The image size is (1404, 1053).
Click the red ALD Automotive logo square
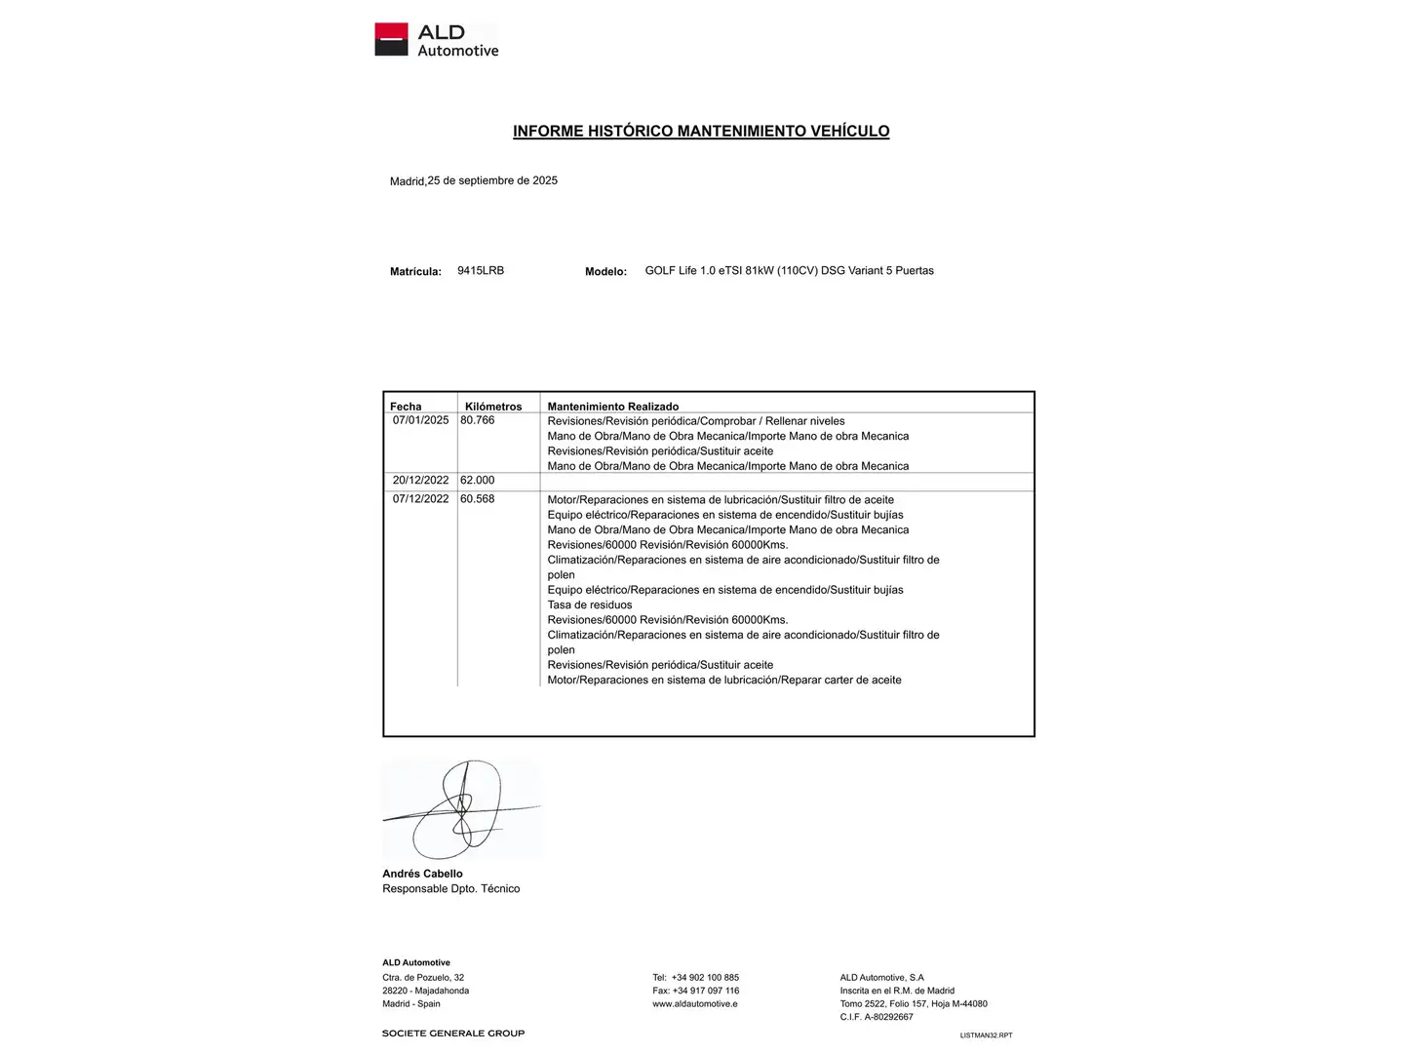click(x=391, y=40)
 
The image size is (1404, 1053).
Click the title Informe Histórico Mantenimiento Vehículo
click(x=701, y=132)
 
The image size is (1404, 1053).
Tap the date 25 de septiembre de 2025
click(x=492, y=180)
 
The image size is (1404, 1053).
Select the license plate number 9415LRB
click(x=481, y=271)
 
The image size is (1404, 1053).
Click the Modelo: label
click(x=605, y=272)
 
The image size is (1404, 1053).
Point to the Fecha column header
click(x=406, y=407)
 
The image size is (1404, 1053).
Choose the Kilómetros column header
click(x=493, y=407)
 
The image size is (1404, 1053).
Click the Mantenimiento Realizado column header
click(x=612, y=407)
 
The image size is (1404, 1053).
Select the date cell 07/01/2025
click(x=420, y=420)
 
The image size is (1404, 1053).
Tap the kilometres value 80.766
click(x=478, y=420)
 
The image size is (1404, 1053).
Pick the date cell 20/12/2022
click(x=420, y=480)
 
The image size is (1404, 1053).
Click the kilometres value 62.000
click(x=478, y=480)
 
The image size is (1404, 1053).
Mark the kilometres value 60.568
click(x=478, y=499)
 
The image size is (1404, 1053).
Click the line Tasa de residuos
click(x=589, y=604)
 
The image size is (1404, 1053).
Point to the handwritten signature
click(x=458, y=809)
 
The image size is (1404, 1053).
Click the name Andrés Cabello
click(x=422, y=874)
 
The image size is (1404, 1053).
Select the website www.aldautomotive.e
click(x=694, y=1003)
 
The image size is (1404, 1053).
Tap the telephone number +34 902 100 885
click(x=705, y=977)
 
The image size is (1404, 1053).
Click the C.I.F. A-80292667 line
click(x=877, y=1017)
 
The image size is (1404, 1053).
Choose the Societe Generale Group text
click(x=452, y=1033)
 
